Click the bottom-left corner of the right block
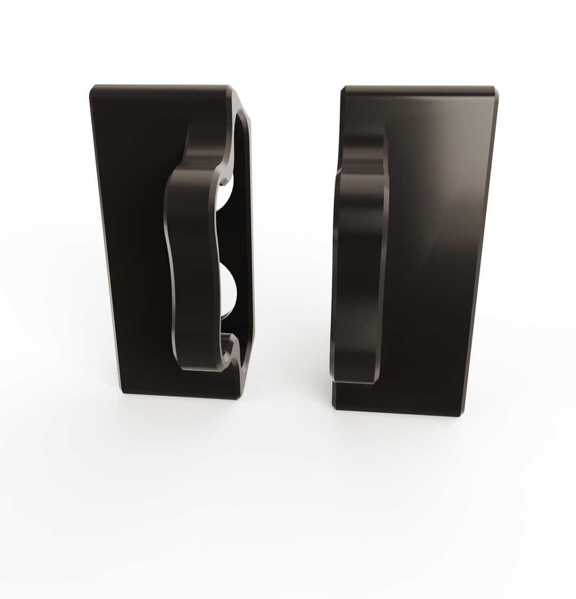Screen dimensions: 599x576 click(335, 408)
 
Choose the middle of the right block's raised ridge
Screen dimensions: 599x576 click(360, 251)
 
